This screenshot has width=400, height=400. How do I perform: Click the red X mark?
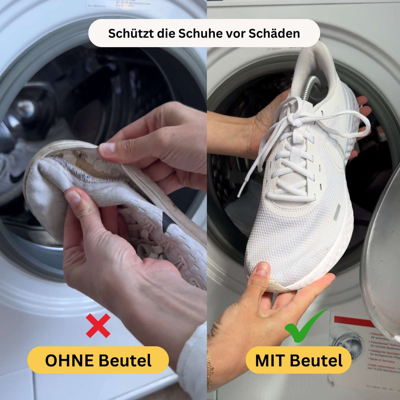coord(98,326)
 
